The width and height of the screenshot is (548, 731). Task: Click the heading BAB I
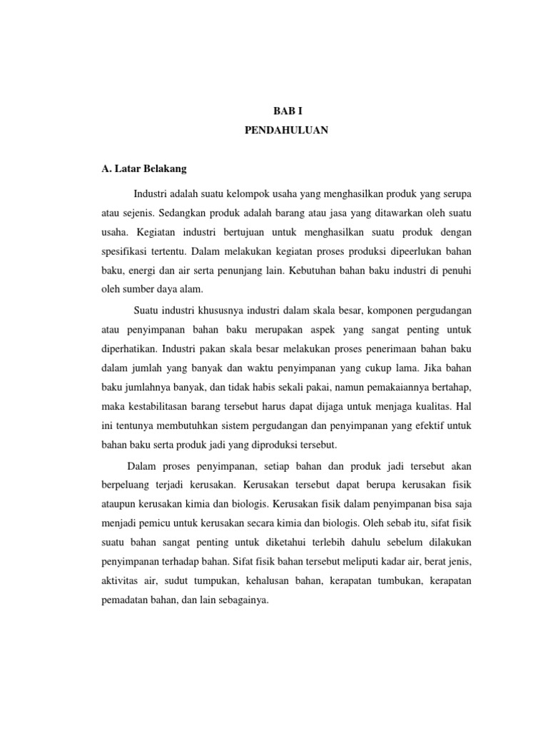point(288,111)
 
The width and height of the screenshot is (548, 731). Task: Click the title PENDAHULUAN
point(288,131)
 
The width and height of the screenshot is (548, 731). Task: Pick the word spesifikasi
point(123,252)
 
